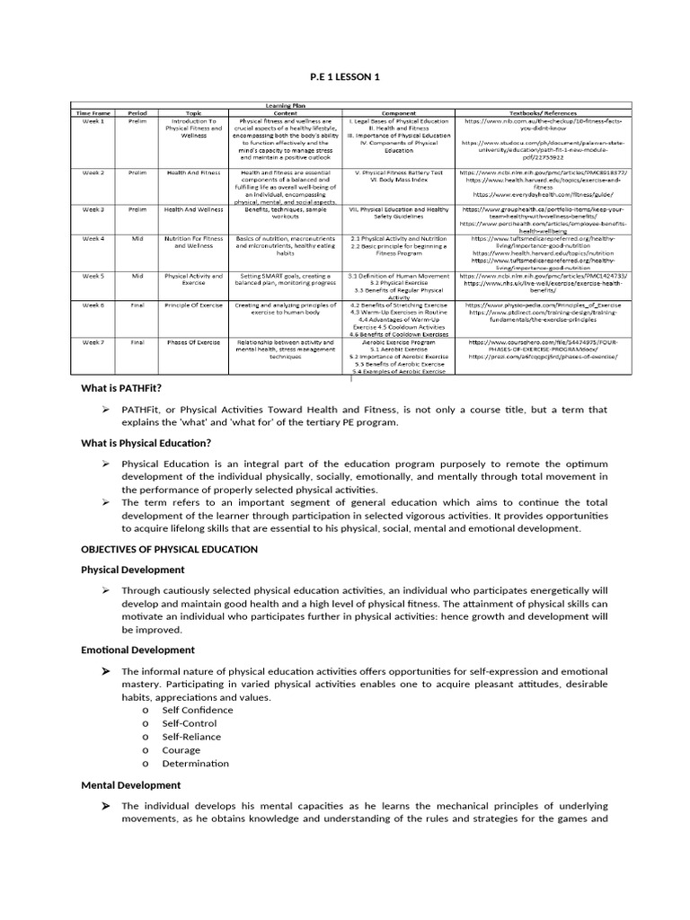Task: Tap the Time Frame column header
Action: coord(94,113)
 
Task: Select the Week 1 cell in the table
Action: coord(94,120)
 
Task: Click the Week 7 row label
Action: coord(94,342)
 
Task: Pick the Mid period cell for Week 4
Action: coord(137,239)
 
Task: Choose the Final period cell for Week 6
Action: coord(137,305)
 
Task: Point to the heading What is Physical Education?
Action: coord(146,443)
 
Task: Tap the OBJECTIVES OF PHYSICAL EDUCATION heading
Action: coord(169,549)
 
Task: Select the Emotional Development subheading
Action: coord(137,650)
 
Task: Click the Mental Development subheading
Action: coord(131,785)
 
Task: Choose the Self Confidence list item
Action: coord(197,710)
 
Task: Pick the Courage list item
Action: coord(181,750)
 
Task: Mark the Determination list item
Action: coord(195,764)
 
